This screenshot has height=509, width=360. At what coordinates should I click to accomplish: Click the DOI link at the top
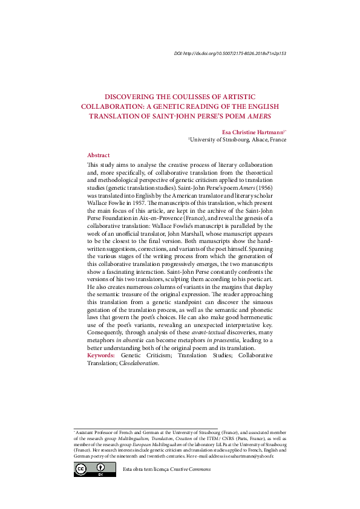(229, 54)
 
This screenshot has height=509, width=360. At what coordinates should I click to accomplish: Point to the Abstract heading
(99, 155)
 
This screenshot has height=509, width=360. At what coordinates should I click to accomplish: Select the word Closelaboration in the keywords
(139, 363)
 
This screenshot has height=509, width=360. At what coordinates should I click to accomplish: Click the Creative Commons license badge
(87, 470)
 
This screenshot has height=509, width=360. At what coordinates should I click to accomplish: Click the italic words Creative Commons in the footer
(186, 470)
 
